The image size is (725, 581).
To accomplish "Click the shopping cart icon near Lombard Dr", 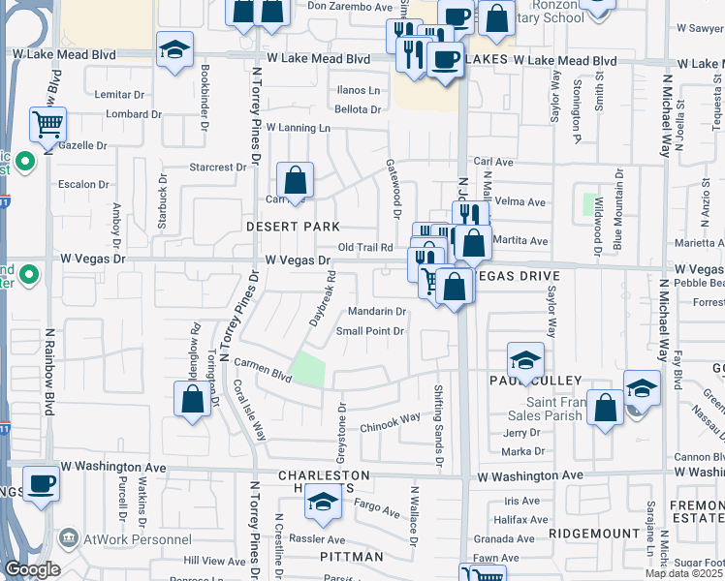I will tap(47, 124).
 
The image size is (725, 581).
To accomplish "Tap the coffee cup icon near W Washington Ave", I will tap(40, 483).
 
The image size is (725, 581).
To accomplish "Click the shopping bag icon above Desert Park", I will tap(295, 180).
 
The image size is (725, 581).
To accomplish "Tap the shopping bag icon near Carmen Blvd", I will tap(193, 399).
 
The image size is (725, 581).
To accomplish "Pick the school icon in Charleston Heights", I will tap(323, 502).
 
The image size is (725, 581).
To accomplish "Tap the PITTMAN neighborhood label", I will tap(352, 557).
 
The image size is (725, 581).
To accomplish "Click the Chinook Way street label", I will tap(390, 418).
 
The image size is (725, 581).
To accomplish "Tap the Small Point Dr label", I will tap(369, 331).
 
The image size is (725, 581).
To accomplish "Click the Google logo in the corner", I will tap(32, 568).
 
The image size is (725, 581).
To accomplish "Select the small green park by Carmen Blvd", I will tap(309, 368).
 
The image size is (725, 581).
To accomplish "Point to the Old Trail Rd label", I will tap(364, 248).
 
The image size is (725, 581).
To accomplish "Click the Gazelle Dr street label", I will tap(82, 145).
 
